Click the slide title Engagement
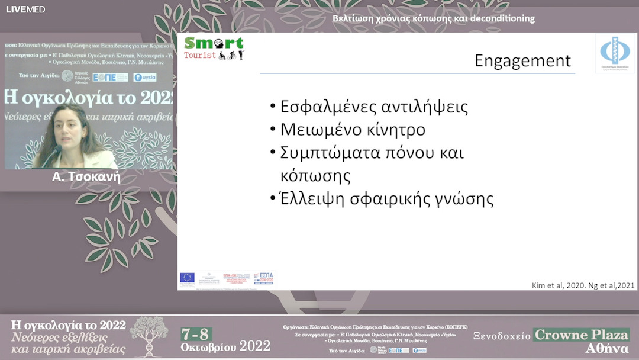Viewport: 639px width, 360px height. (x=523, y=61)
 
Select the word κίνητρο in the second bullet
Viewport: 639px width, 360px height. (x=393, y=130)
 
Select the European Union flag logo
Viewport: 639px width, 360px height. (x=188, y=277)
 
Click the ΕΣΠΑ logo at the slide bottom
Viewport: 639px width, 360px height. (x=264, y=278)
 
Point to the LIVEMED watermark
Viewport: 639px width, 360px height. (x=25, y=9)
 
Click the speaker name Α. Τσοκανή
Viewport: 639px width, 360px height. (x=86, y=176)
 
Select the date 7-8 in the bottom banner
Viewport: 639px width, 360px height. (x=196, y=333)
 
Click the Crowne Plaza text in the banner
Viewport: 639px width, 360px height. (x=582, y=335)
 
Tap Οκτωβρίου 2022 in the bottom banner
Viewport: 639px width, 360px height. (x=225, y=346)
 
